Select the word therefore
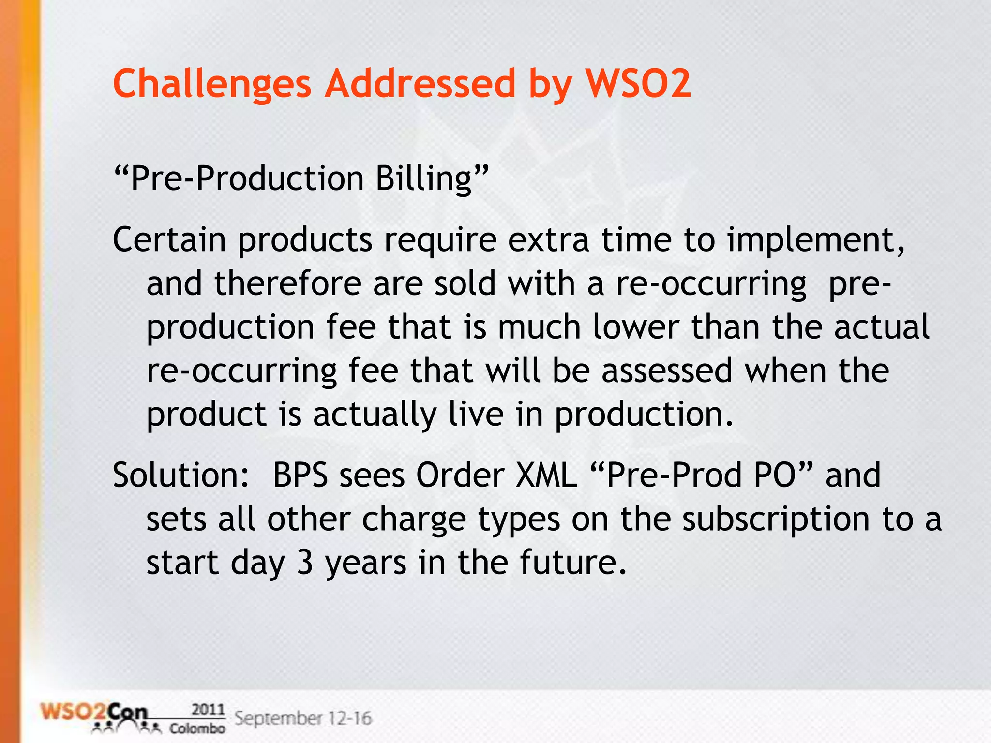pyautogui.click(x=288, y=283)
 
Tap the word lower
pyautogui.click(x=636, y=327)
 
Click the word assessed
pyautogui.click(x=667, y=371)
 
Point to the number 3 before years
pyautogui.click(x=305, y=563)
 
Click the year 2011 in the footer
pyautogui.click(x=208, y=710)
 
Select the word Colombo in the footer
pyautogui.click(x=197, y=728)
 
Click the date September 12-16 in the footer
pyautogui.click(x=303, y=718)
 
